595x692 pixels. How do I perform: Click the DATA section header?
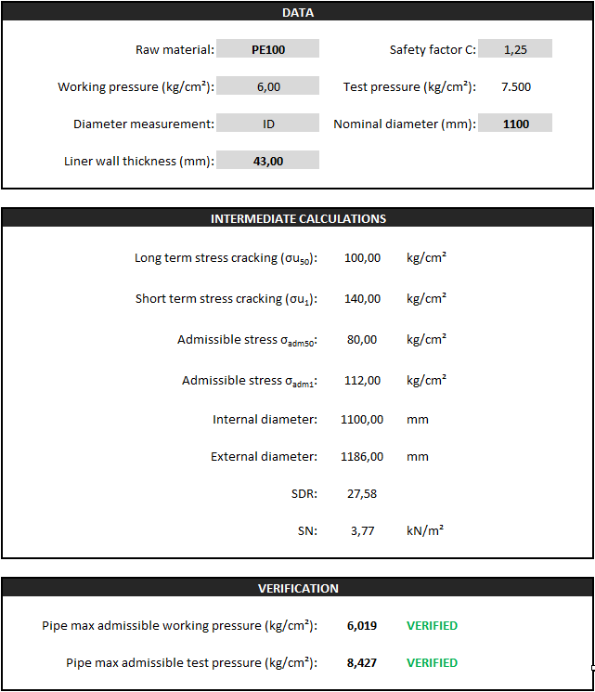(297, 13)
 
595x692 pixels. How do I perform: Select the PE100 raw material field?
(268, 49)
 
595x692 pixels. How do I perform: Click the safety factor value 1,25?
(515, 49)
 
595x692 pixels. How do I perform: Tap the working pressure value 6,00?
(268, 86)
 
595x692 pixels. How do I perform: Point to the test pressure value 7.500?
(515, 86)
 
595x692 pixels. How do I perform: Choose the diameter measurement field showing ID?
(268, 124)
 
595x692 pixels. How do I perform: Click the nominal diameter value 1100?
(515, 124)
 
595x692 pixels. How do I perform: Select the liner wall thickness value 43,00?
(268, 161)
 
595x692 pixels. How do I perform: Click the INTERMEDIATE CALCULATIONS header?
(297, 219)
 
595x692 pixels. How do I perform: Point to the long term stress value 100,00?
(362, 257)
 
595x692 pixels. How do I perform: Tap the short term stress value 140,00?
(362, 298)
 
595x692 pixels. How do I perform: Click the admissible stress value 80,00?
(362, 339)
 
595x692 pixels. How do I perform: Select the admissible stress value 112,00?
(362, 380)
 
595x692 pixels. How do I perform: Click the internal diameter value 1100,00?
(362, 419)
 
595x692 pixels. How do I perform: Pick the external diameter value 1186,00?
(362, 456)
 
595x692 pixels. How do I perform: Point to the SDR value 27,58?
(362, 493)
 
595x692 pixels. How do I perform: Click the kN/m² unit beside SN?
(425, 530)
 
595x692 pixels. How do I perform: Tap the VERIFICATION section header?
(297, 588)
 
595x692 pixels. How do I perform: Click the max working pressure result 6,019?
(362, 625)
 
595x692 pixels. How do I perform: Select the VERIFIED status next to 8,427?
(432, 662)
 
